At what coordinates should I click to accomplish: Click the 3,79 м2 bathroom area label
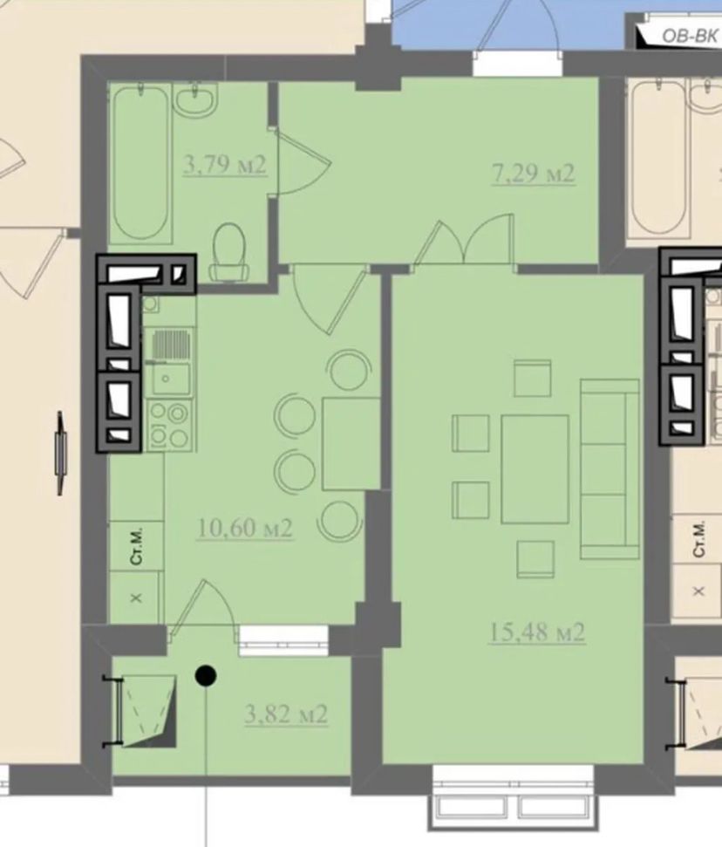pyautogui.click(x=225, y=164)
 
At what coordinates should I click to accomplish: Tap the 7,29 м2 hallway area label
pyautogui.click(x=533, y=174)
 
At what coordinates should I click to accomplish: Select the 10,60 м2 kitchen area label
pyautogui.click(x=245, y=528)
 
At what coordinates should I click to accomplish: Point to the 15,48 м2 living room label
pyautogui.click(x=537, y=632)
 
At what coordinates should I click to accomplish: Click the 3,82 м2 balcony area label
pyautogui.click(x=286, y=714)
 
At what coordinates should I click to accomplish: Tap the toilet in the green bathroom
pyautogui.click(x=228, y=252)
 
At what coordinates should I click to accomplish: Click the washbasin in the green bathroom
pyautogui.click(x=195, y=100)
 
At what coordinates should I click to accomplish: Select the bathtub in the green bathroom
pyautogui.click(x=141, y=162)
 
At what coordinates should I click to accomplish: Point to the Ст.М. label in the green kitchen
pyautogui.click(x=137, y=546)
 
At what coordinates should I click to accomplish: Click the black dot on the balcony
pyautogui.click(x=206, y=675)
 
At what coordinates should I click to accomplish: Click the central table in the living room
pyautogui.click(x=535, y=469)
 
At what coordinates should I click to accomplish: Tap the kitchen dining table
pyautogui.click(x=351, y=443)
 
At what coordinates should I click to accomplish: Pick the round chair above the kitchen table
pyautogui.click(x=350, y=371)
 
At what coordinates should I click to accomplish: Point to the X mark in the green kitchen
pyautogui.click(x=137, y=598)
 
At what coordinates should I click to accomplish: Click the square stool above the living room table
pyautogui.click(x=533, y=378)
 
